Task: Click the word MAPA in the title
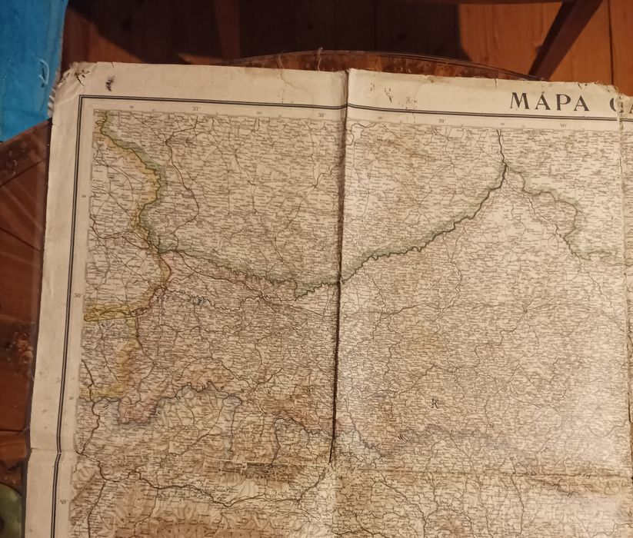[549, 102]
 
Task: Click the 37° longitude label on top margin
[196, 109]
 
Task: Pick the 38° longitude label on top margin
[321, 115]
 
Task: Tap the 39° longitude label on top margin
[442, 120]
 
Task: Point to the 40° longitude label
[563, 125]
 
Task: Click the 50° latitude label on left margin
[77, 294]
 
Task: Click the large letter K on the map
[434, 402]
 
